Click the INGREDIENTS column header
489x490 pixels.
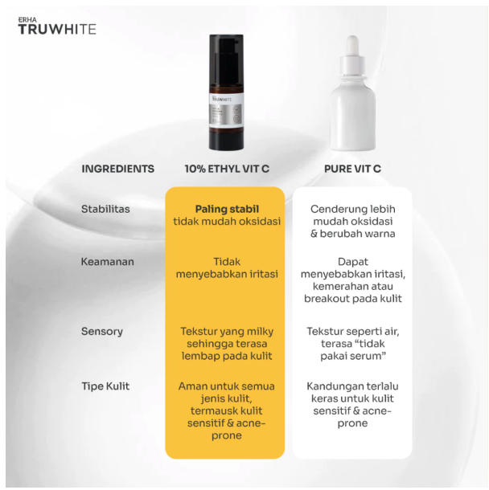point(117,169)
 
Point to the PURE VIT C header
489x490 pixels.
point(352,169)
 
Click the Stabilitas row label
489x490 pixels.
point(105,209)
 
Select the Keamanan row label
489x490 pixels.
point(107,262)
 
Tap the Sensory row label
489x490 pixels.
point(102,331)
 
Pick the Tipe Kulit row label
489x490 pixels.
point(105,386)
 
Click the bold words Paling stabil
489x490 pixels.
point(227,209)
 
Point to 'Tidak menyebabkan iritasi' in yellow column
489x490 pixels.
point(227,267)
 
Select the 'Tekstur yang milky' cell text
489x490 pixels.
point(227,331)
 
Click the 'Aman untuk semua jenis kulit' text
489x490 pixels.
point(227,393)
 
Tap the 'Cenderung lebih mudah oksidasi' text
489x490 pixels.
point(352,214)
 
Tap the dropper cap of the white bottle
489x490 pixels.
point(352,54)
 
